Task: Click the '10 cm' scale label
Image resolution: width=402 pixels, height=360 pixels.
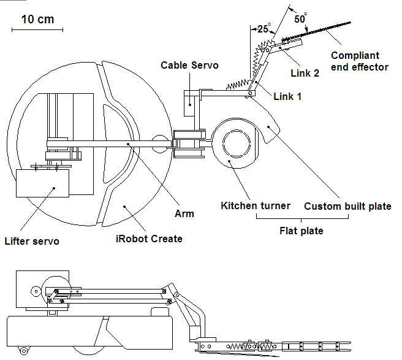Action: pyautogui.click(x=37, y=19)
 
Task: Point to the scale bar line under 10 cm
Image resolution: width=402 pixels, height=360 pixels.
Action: pyautogui.click(x=37, y=29)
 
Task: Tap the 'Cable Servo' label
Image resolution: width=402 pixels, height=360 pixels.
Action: pyautogui.click(x=189, y=66)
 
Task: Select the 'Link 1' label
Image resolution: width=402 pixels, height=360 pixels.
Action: pyautogui.click(x=287, y=96)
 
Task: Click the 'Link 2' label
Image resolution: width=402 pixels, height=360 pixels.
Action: pyautogui.click(x=305, y=73)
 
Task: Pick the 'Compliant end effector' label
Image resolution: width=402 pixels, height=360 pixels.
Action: pyautogui.click(x=360, y=61)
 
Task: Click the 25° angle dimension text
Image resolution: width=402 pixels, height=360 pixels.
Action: pyautogui.click(x=264, y=29)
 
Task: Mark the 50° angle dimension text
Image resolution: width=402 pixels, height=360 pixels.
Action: pyautogui.click(x=300, y=18)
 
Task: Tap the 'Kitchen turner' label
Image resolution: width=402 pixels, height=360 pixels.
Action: pyautogui.click(x=256, y=205)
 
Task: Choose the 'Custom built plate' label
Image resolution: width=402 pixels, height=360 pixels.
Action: pyautogui.click(x=347, y=206)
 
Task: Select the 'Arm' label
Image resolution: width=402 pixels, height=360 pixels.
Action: pyautogui.click(x=184, y=213)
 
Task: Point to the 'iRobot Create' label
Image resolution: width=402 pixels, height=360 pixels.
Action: pyautogui.click(x=149, y=239)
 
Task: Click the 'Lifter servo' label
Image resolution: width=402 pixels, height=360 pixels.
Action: pyautogui.click(x=31, y=241)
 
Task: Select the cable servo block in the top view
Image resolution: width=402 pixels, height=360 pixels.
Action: pyautogui.click(x=191, y=108)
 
